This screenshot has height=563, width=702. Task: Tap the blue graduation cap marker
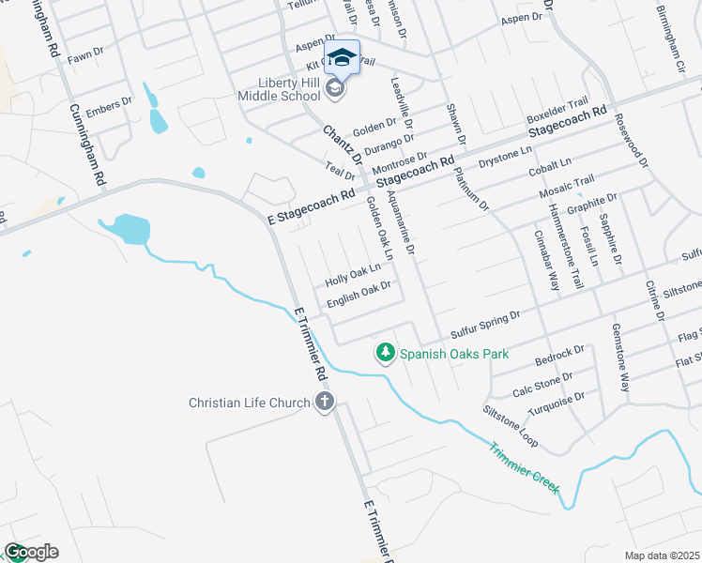[x=342, y=58]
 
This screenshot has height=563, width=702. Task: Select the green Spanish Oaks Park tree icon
[x=384, y=354]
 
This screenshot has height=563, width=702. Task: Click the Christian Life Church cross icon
[x=324, y=403]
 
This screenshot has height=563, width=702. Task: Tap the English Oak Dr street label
[x=358, y=296]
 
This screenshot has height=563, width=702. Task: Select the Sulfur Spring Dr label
[x=484, y=324]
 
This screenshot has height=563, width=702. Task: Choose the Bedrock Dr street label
[x=559, y=356]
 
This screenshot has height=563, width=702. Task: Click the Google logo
[x=30, y=552]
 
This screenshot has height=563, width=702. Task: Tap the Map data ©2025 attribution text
[x=661, y=555]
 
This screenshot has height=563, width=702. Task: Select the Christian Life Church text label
[x=249, y=403]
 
